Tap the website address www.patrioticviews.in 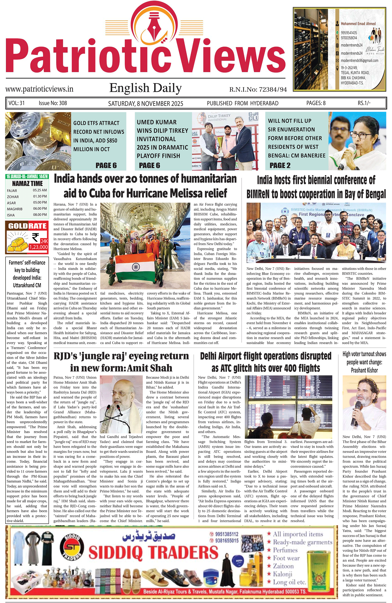[x=39, y=89]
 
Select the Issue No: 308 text [x=53, y=103]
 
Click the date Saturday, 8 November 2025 [x=146, y=103]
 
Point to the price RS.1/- [x=364, y=103]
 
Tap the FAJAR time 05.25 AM [x=40, y=190]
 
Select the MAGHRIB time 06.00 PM [x=40, y=209]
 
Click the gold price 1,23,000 [x=38, y=247]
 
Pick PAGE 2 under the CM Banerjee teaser [x=280, y=165]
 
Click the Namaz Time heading [x=27, y=183]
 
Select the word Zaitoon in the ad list [x=283, y=566]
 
